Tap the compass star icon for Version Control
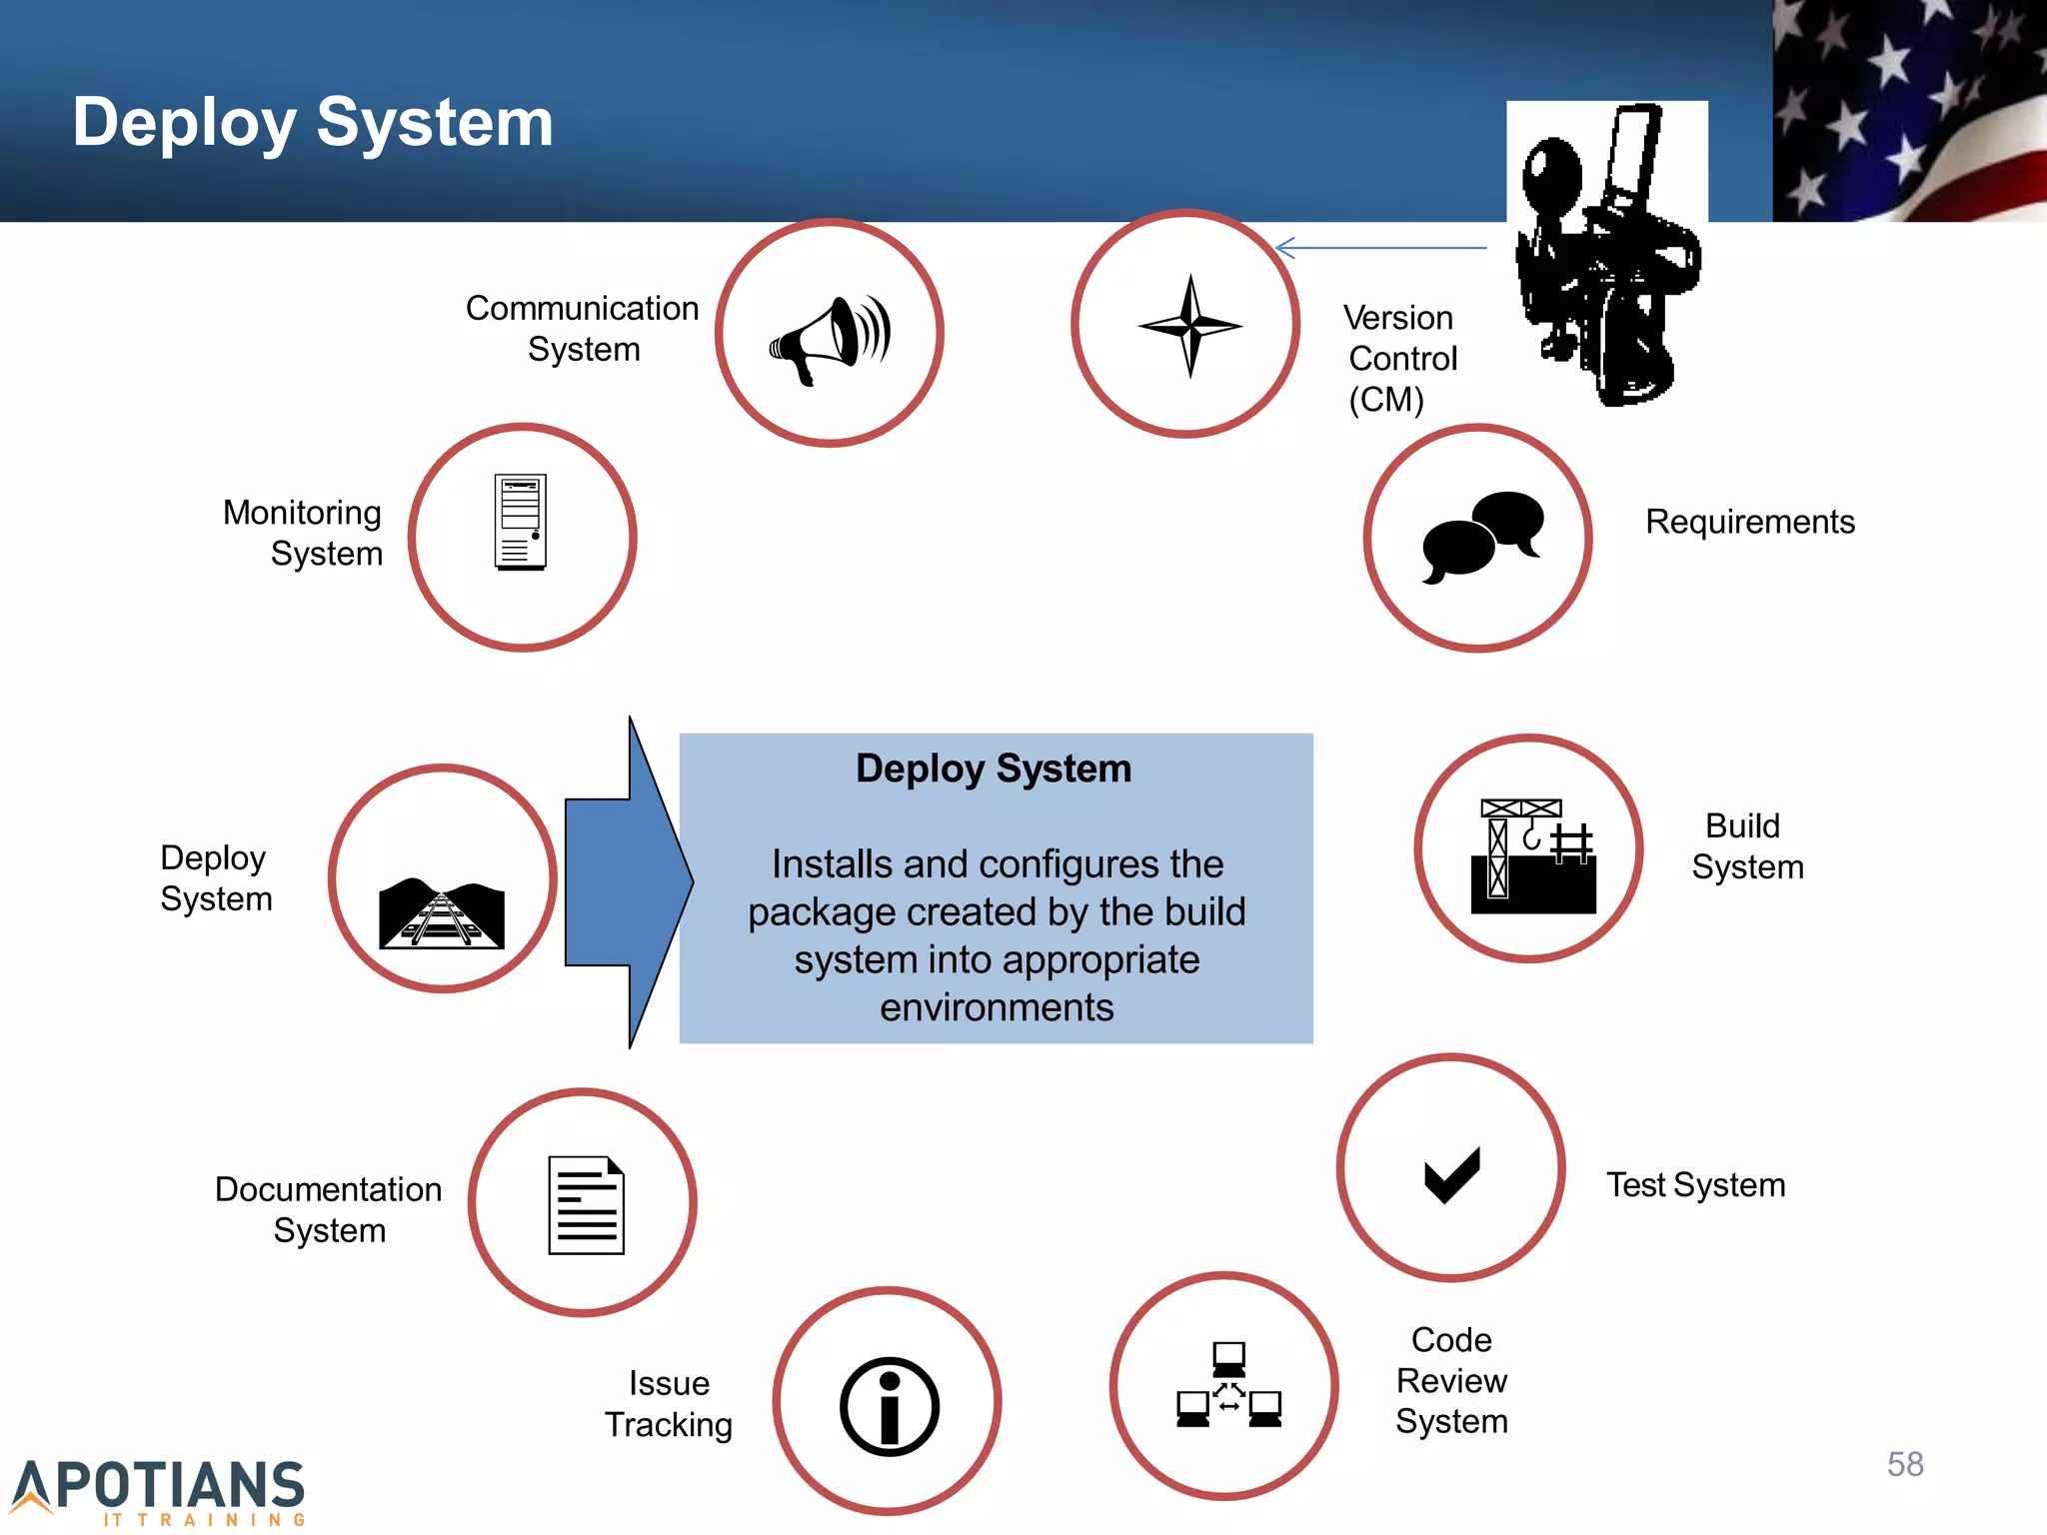[x=1189, y=326]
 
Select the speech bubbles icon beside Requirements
[x=1481, y=536]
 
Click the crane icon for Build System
[x=1532, y=855]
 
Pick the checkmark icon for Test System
[x=1451, y=1174]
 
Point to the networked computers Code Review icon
[x=1228, y=1385]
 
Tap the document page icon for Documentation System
[x=586, y=1204]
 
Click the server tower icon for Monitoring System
[x=521, y=522]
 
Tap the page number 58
[x=1905, y=1464]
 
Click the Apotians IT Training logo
[x=160, y=1490]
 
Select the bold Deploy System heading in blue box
[x=994, y=768]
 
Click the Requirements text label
[x=1749, y=522]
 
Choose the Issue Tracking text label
[x=669, y=1403]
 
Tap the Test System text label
[x=1695, y=1185]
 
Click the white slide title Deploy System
[x=313, y=123]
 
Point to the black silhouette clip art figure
[x=1607, y=255]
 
